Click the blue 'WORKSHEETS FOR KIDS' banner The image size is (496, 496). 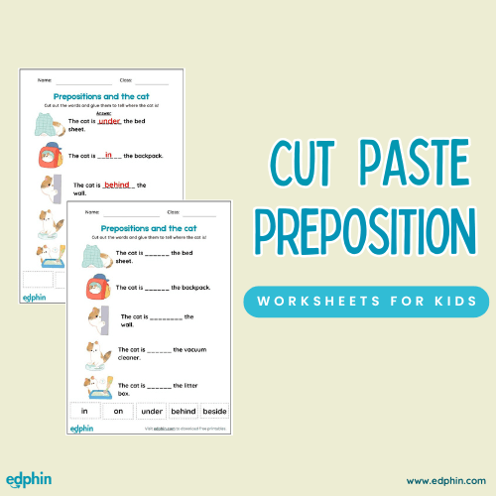click(366, 301)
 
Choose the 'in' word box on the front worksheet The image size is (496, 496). click(85, 410)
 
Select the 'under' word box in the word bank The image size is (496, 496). click(152, 410)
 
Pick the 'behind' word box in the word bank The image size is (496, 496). click(184, 410)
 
